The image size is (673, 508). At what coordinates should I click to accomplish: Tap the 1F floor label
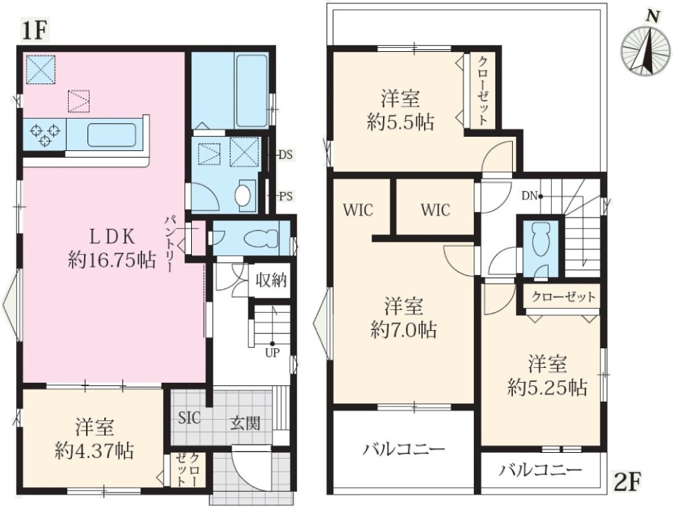[34, 30]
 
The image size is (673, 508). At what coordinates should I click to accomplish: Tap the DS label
[285, 154]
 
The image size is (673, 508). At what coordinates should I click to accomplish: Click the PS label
[285, 197]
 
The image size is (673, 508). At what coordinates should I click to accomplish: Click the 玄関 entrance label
[246, 423]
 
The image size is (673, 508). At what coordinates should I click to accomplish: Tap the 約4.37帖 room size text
[94, 450]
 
